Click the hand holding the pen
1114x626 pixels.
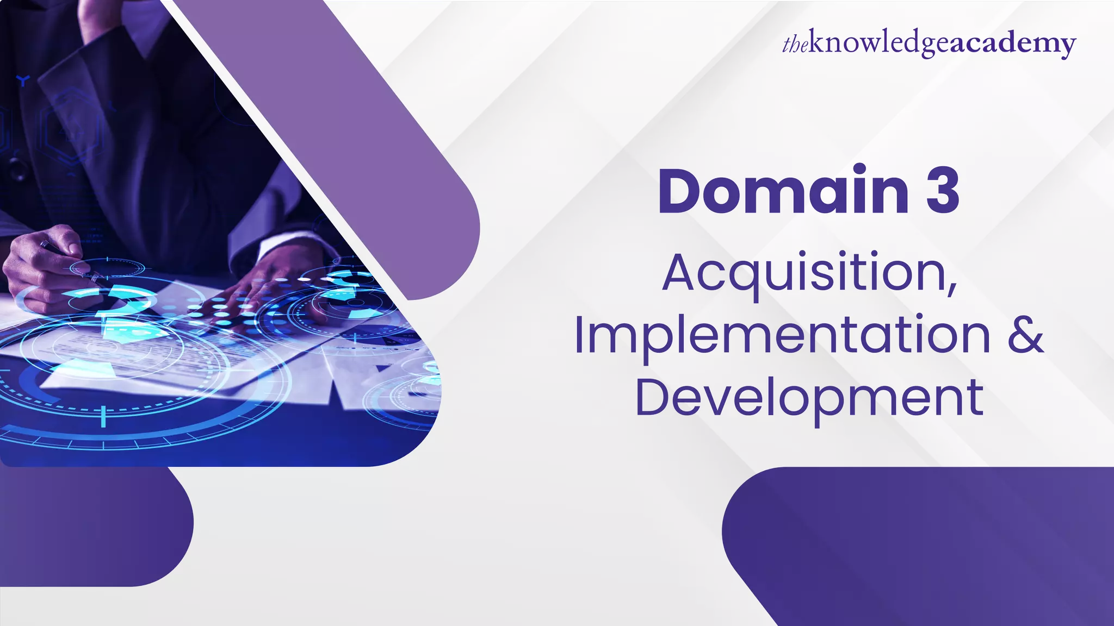pyautogui.click(x=44, y=266)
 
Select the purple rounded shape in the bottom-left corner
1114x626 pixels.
pyautogui.click(x=92, y=527)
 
